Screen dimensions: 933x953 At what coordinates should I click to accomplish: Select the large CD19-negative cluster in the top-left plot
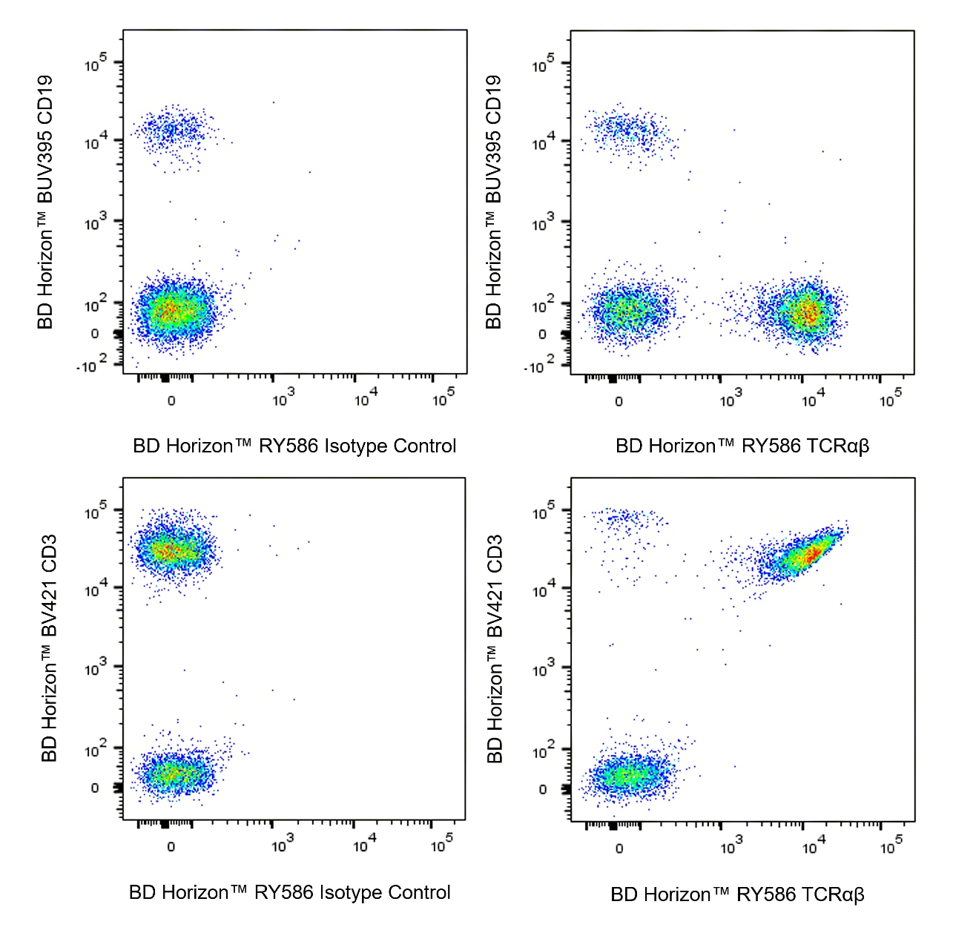[x=172, y=311]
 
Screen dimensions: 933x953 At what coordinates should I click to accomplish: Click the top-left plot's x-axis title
[x=294, y=446]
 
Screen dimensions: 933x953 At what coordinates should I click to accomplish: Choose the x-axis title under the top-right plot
[x=742, y=446]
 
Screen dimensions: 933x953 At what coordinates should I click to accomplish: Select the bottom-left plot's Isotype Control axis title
[x=290, y=892]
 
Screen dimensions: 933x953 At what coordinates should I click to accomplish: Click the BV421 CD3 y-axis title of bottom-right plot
[x=495, y=649]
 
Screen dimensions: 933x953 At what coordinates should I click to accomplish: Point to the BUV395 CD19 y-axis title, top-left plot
[x=45, y=202]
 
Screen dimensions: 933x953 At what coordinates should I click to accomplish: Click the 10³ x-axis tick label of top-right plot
[x=730, y=400]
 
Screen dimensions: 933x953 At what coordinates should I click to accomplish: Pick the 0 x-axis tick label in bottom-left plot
[x=171, y=847]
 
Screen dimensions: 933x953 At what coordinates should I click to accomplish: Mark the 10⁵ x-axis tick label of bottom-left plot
[x=442, y=844]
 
